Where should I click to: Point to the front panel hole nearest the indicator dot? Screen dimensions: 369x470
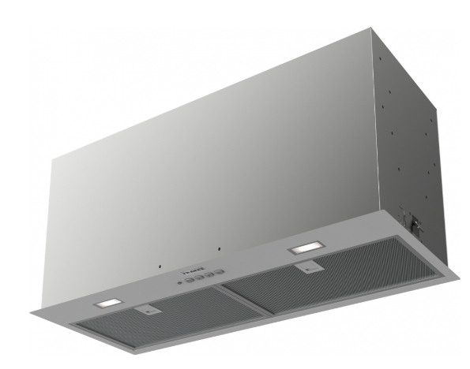point(160,266)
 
